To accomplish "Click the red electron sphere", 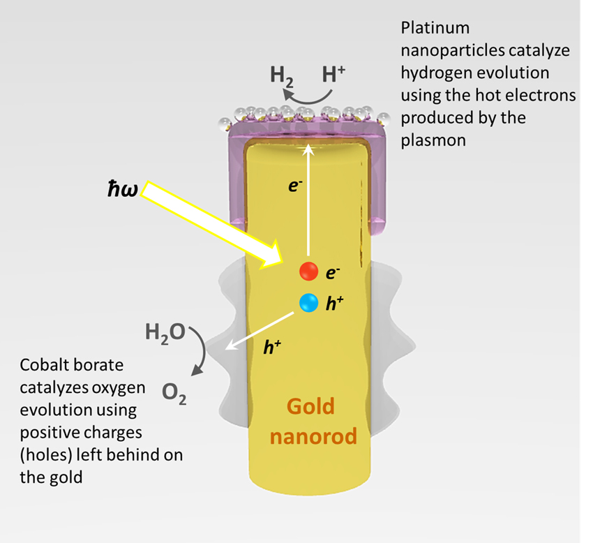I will pyautogui.click(x=308, y=271).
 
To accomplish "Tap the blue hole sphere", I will pyautogui.click(x=308, y=303).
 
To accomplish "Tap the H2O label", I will pyautogui.click(x=165, y=332).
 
